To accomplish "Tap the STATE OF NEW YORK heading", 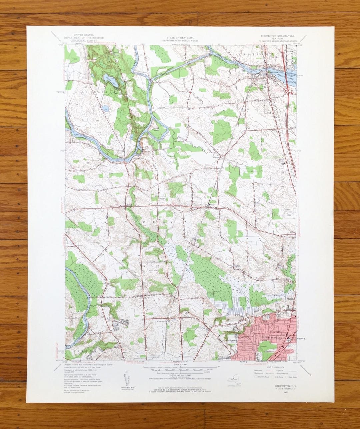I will coord(180,38).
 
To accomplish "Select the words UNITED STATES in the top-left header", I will coord(83,35).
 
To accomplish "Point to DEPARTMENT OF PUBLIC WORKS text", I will coord(180,40).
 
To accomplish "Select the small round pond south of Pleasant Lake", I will coord(105,108).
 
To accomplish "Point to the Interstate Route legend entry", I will coord(262,377).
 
